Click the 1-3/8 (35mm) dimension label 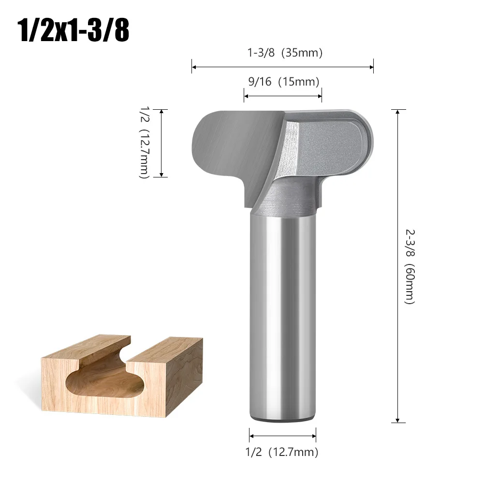click(x=285, y=53)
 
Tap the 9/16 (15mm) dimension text click(x=283, y=82)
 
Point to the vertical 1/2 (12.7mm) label click(x=144, y=143)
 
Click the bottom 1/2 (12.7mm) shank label click(x=283, y=452)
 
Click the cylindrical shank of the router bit click(x=282, y=314)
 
